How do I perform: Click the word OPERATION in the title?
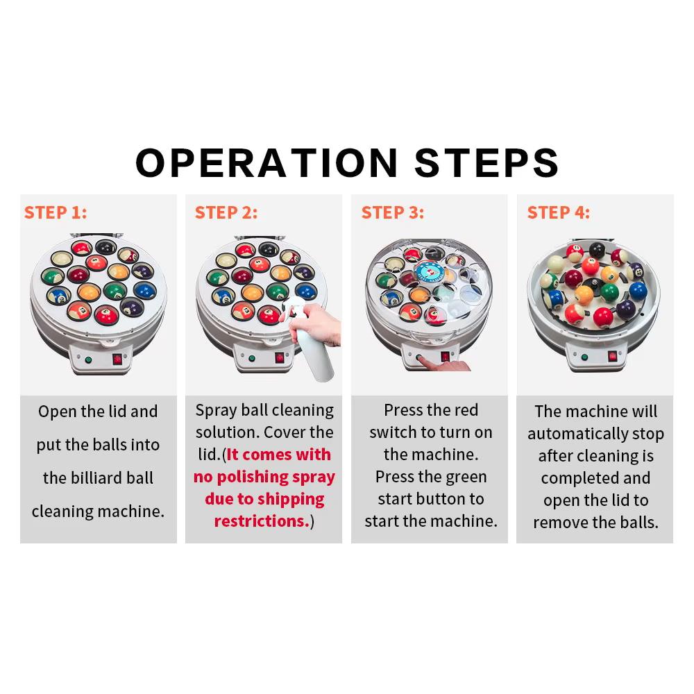266,162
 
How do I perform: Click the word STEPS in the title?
486,162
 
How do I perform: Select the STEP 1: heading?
56,212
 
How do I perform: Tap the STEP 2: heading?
226,212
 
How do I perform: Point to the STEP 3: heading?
393,212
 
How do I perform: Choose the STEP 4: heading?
558,212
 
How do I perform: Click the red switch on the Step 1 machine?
117,359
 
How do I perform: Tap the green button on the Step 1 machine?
89,359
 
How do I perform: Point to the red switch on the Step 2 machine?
280,357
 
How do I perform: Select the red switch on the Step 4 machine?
613,356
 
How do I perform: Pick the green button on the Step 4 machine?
584,357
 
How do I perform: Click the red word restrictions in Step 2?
262,521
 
